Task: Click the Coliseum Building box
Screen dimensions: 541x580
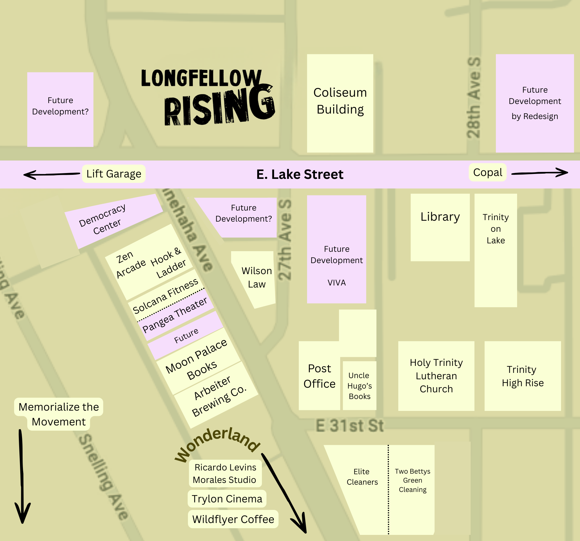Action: tap(340, 103)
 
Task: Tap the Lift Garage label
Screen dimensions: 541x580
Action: tap(114, 174)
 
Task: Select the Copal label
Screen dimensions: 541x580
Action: tap(487, 172)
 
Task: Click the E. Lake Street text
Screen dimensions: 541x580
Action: tap(300, 175)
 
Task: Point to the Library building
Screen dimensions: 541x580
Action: tap(440, 227)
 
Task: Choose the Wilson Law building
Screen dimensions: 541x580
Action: tap(256, 278)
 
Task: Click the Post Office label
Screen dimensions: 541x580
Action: tap(319, 376)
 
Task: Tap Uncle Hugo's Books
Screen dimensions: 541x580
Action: tap(359, 386)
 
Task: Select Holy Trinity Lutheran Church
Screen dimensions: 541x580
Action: tap(436, 376)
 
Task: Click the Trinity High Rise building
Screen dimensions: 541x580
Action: tap(523, 376)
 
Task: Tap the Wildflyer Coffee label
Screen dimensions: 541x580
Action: tap(233, 520)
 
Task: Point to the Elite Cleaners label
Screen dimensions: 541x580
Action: tap(362, 477)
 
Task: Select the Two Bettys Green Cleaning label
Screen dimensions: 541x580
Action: tap(413, 481)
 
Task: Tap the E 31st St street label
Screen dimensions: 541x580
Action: tap(349, 426)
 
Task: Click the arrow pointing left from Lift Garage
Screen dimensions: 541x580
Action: tap(51, 175)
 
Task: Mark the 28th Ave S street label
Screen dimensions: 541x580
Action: tap(473, 98)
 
